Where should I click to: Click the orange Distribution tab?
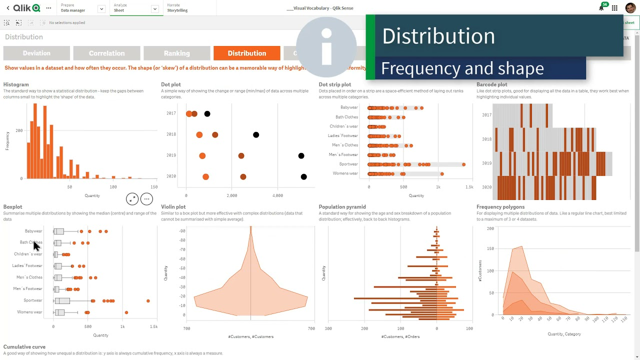(246, 53)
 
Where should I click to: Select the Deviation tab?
(36, 53)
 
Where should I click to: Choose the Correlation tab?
(106, 53)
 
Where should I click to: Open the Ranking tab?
(176, 53)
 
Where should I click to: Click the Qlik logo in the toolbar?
(26, 8)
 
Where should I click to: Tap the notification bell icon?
(601, 8)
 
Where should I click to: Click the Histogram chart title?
(16, 84)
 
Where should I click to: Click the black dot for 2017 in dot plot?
(207, 114)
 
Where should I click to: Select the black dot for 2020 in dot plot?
(303, 177)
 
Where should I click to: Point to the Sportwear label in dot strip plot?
(348, 164)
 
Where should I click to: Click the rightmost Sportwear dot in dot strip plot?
(464, 164)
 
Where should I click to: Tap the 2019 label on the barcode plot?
(486, 163)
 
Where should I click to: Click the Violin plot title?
(173, 206)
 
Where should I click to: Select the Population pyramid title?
(342, 206)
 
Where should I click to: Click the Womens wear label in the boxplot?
(29, 312)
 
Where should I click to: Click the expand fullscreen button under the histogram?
(132, 199)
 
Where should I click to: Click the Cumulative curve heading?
(24, 346)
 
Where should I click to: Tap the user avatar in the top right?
(630, 8)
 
